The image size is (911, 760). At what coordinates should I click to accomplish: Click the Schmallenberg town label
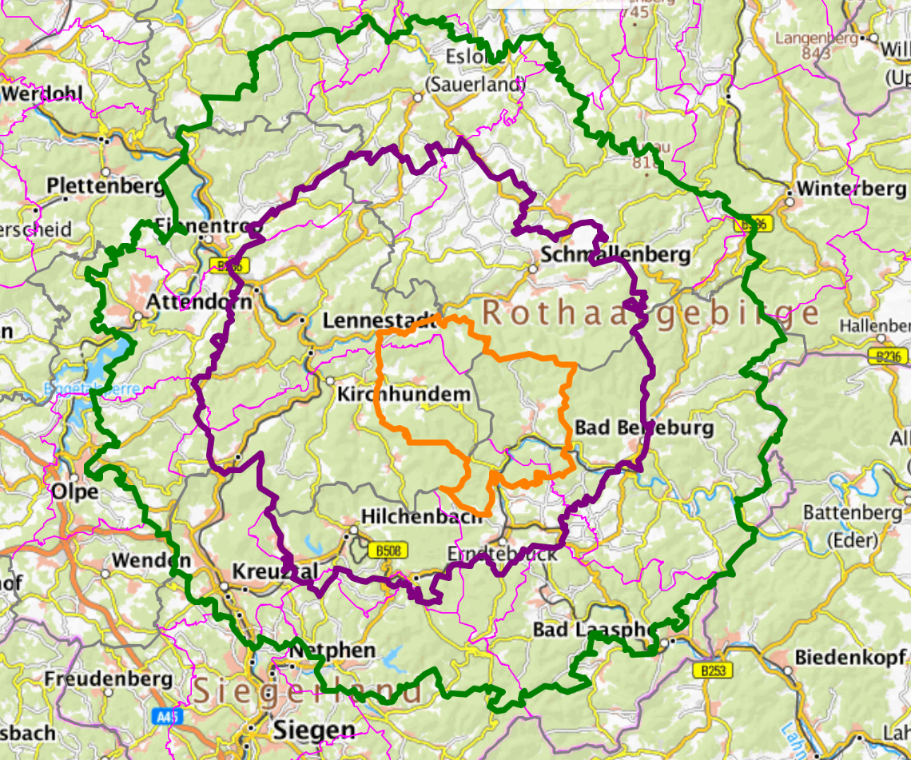tap(615, 255)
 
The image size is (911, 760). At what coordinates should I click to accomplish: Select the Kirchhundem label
tap(404, 395)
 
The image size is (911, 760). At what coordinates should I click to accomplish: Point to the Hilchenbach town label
tap(421, 517)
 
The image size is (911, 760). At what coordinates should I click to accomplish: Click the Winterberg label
tap(852, 189)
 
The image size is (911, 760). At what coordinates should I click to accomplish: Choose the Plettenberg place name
tap(106, 185)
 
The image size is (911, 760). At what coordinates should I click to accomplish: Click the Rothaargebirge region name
tap(651, 313)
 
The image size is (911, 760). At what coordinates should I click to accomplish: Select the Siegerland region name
tap(308, 690)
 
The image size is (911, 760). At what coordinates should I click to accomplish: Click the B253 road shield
tap(713, 670)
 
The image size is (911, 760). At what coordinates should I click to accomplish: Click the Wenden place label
tap(152, 560)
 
